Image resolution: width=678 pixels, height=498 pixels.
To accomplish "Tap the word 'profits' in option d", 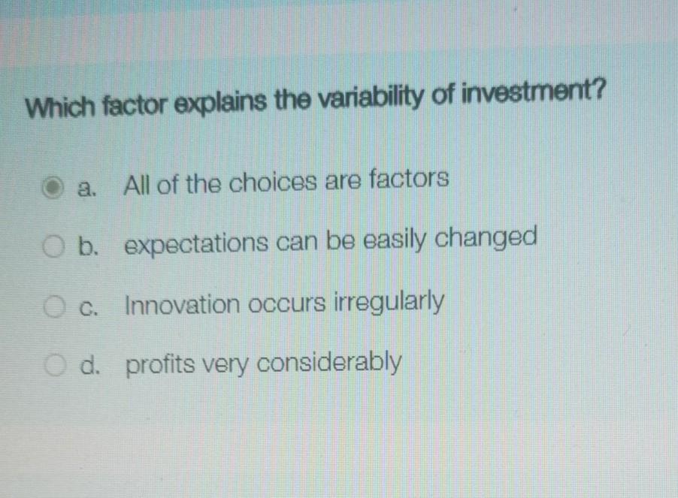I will click(x=156, y=366).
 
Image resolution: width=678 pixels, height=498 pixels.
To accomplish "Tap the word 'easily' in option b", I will click(x=390, y=241).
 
